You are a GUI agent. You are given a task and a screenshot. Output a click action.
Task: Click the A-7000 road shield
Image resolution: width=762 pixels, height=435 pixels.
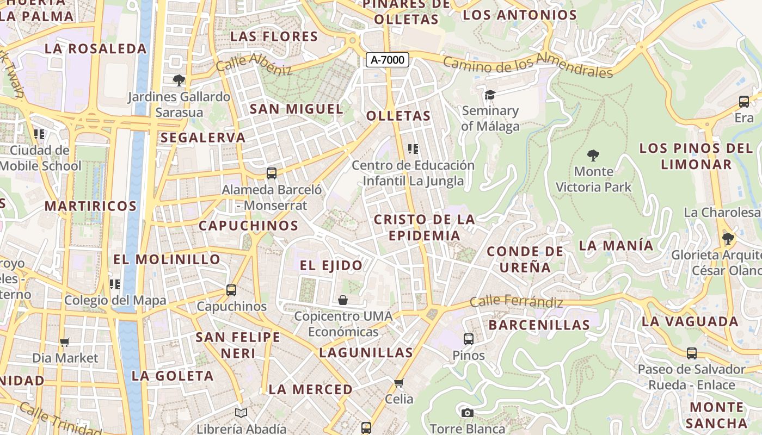coord(387,60)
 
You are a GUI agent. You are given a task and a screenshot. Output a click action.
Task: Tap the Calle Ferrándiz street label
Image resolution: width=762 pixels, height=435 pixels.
coord(516,301)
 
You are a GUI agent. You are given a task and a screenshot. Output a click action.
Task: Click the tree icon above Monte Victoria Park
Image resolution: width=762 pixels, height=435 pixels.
coord(593,156)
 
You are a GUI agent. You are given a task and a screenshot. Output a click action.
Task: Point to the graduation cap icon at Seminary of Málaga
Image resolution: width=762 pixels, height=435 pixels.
coord(490,95)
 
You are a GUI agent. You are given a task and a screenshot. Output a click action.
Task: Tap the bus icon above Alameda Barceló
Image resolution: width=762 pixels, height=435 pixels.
coord(271,173)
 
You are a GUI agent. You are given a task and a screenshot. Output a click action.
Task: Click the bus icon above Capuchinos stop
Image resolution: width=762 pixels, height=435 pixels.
coord(231,290)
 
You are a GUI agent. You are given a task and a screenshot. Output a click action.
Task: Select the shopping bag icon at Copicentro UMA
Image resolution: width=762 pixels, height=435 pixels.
coord(343,300)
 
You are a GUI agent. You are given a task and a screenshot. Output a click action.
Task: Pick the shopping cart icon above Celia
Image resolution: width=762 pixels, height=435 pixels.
coord(399,383)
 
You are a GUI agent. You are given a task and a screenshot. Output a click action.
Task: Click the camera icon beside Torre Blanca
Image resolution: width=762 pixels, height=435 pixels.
coord(467,413)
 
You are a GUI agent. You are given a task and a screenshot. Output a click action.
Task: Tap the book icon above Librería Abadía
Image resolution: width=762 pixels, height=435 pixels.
coord(241,413)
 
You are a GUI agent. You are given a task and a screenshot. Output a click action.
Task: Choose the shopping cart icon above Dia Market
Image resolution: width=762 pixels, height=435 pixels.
coord(65,342)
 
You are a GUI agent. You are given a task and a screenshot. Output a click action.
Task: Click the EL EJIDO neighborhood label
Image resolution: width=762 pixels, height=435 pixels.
coord(331,265)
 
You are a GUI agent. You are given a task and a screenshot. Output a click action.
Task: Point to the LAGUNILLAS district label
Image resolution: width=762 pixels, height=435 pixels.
coord(366,352)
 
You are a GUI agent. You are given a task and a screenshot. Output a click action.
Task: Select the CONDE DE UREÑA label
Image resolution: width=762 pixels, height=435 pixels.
coord(525,259)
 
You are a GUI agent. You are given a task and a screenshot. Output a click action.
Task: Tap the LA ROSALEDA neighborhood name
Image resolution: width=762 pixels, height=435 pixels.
coord(96,48)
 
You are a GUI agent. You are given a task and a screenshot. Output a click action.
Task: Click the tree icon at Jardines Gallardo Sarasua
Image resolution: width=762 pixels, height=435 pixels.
coord(179,80)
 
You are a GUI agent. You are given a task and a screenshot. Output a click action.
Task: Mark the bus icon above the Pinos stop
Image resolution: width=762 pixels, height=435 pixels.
coord(468,339)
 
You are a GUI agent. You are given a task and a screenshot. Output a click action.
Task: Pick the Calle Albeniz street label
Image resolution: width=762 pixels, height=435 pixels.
coord(254,64)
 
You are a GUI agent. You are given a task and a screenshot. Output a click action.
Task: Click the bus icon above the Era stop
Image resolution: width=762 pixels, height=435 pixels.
coord(744,101)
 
